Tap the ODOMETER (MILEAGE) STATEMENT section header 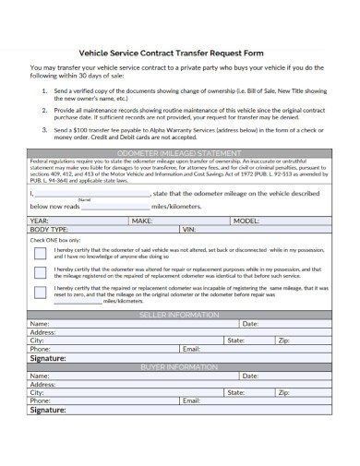coord(179,151)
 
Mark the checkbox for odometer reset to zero coord(40,293)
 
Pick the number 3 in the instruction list coord(44,131)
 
